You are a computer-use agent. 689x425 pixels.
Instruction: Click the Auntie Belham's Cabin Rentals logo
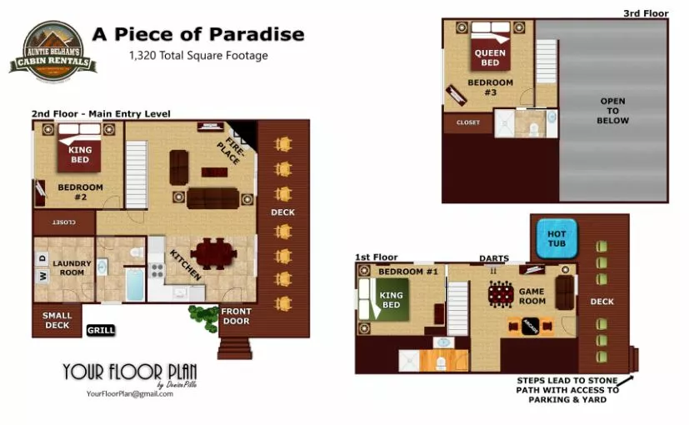52,48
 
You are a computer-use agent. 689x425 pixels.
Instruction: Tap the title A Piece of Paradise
197,34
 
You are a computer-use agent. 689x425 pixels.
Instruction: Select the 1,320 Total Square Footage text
197,56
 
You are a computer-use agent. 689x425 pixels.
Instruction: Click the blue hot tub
556,238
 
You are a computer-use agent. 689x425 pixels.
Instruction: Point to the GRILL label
100,331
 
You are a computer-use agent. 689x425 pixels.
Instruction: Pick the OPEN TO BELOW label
612,111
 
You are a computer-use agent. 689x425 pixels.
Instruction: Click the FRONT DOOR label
236,317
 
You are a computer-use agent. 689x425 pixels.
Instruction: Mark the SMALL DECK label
57,320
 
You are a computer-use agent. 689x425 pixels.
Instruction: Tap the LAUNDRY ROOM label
71,267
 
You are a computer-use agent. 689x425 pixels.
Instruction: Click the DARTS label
493,258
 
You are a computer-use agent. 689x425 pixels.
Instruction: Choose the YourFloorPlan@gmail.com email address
129,393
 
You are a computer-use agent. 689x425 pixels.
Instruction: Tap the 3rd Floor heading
645,13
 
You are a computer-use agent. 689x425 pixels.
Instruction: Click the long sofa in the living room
212,197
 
